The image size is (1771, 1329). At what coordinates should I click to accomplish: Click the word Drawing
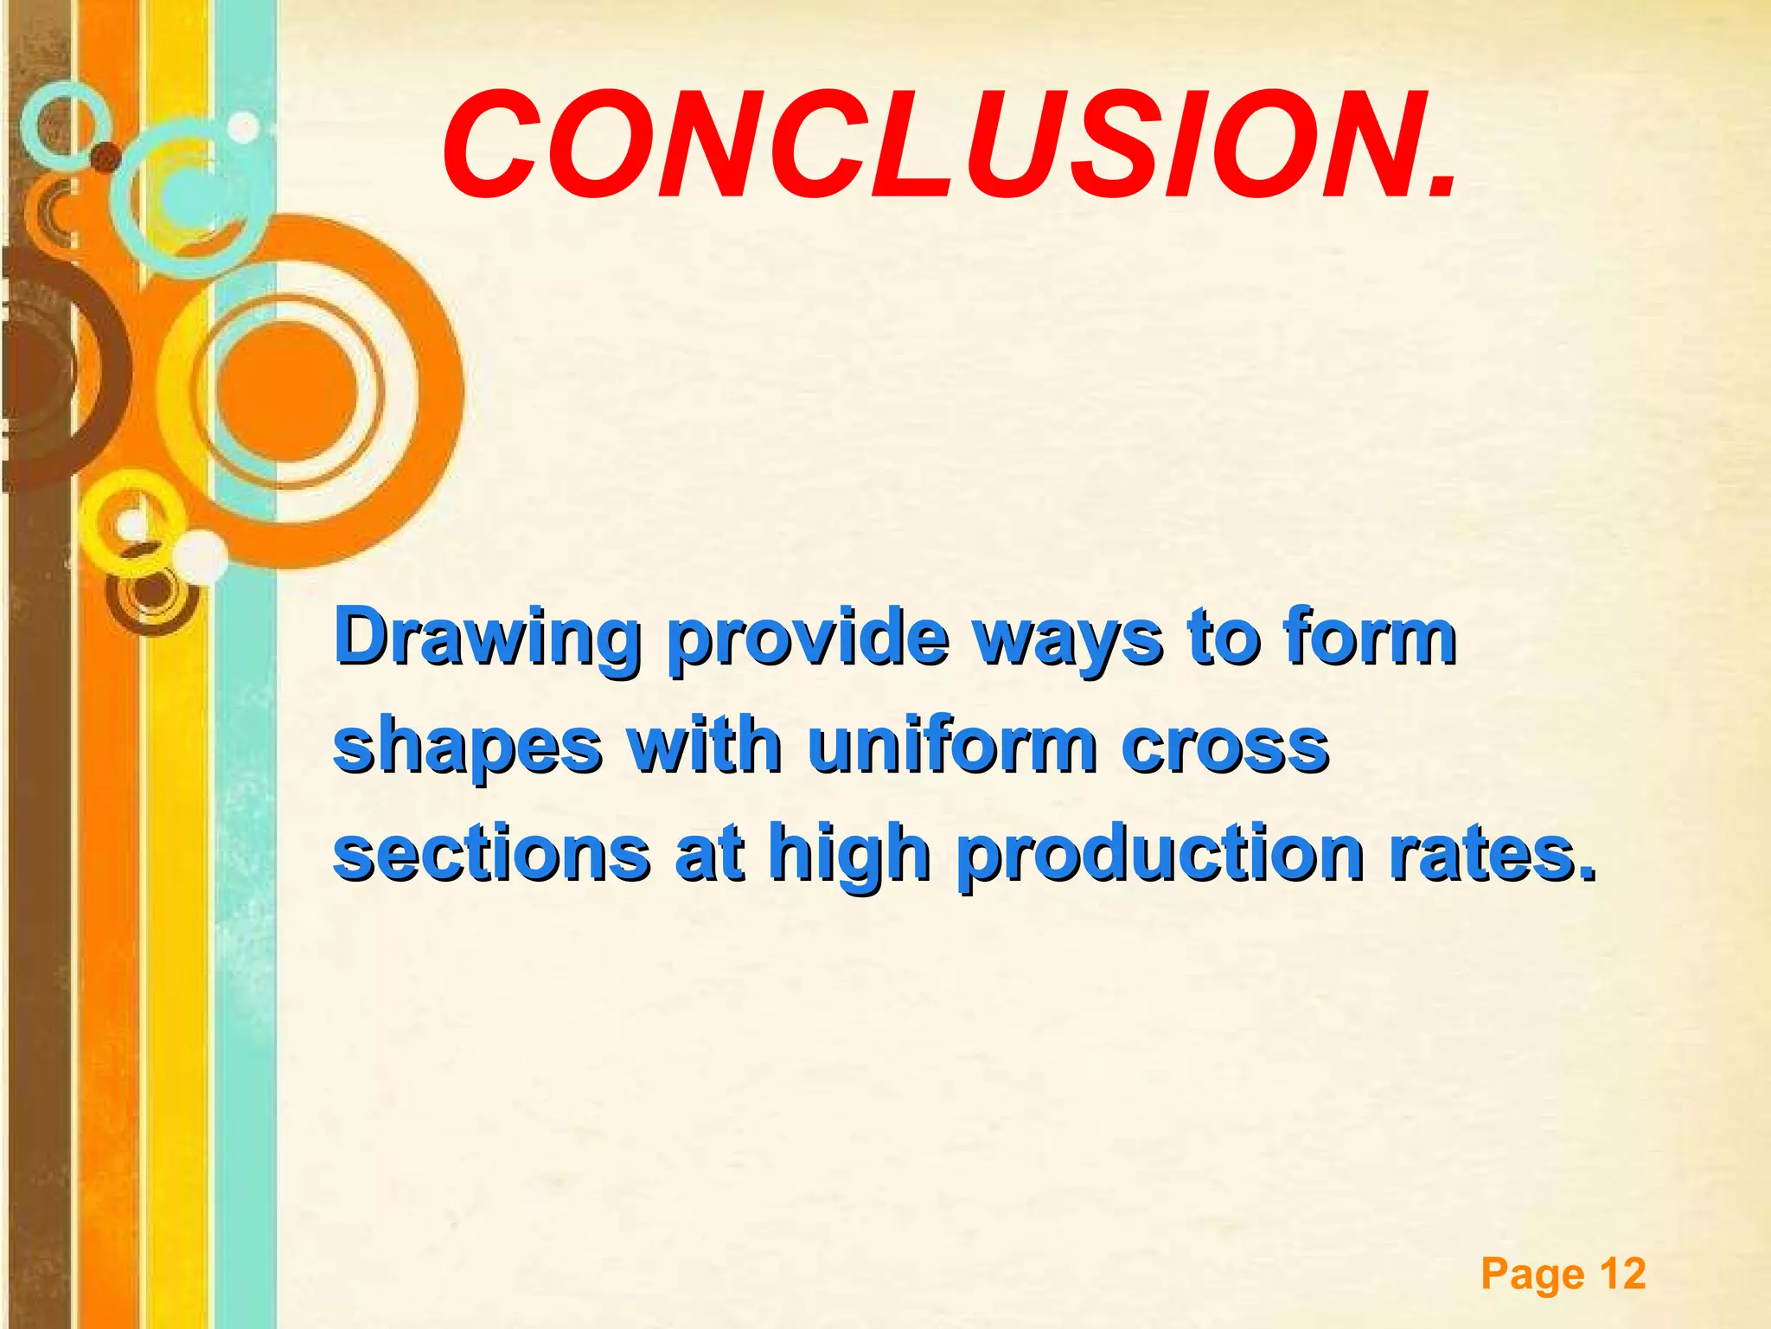[x=487, y=640]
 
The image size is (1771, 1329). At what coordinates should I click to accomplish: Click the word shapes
[x=467, y=748]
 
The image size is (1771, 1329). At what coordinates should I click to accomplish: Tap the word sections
[x=491, y=854]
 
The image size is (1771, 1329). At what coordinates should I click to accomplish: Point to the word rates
[x=1487, y=854]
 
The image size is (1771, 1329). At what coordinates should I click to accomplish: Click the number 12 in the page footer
[x=1622, y=1274]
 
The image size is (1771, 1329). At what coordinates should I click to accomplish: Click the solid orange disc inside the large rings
[x=286, y=390]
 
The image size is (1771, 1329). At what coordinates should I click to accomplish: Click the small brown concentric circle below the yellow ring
[x=151, y=594]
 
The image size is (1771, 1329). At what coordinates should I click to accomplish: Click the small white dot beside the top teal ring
[x=244, y=127]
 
